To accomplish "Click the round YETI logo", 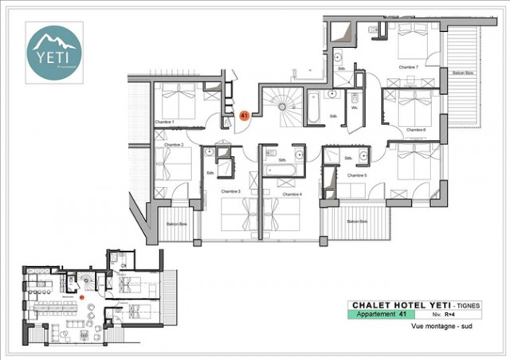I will [x=54, y=51].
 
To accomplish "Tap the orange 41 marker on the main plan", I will [x=245, y=115].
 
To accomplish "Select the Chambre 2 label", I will [x=175, y=145].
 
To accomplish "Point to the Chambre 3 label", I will [x=230, y=192].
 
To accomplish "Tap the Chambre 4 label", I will [x=292, y=194].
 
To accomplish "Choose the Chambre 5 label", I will [x=358, y=174].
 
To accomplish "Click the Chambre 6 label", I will [x=416, y=130].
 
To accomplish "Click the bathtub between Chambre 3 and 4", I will [x=280, y=170].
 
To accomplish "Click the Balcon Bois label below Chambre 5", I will [x=357, y=221].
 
